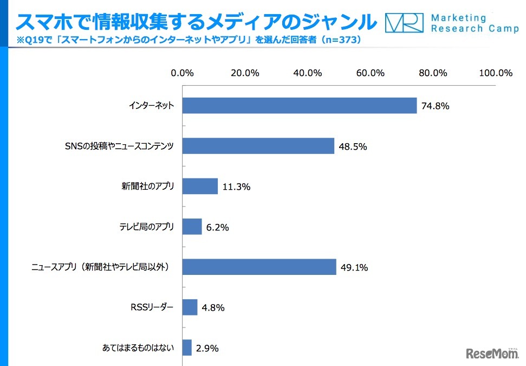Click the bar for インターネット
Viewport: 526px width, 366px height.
(299, 106)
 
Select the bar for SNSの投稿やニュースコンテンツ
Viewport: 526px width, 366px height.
(258, 146)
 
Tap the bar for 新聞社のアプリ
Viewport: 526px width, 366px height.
(199, 187)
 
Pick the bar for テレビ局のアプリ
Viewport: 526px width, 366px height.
(192, 227)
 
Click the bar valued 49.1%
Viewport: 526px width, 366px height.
(259, 267)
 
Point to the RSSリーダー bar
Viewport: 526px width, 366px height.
(190, 307)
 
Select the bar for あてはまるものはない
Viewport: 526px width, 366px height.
(187, 348)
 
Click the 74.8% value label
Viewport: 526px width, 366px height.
(436, 106)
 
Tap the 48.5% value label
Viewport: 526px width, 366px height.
(353, 146)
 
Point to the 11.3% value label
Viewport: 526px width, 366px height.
(236, 187)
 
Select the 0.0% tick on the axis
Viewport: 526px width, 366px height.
(182, 73)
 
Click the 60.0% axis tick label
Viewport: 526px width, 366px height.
(371, 73)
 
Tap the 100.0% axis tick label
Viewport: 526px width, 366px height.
(496, 73)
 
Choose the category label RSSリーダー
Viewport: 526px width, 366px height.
(153, 307)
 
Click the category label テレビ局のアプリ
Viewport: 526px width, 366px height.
(147, 227)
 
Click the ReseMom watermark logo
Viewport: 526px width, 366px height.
(492, 353)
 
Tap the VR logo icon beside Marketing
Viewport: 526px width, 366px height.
(404, 23)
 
